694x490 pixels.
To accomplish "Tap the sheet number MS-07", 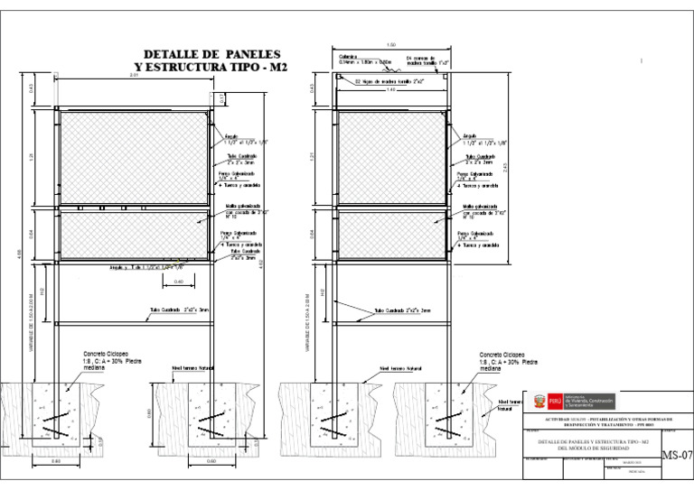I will point(677,454).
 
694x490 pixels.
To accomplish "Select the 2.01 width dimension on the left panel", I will point(134,75).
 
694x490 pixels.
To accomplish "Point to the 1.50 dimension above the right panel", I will point(390,45).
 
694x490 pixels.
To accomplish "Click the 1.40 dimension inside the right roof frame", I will point(390,89).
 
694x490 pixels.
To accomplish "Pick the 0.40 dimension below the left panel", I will point(178,282).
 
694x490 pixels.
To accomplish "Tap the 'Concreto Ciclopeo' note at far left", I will point(106,355).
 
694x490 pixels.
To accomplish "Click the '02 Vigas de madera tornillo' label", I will point(388,81).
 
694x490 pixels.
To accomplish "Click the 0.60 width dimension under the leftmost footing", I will point(56,462).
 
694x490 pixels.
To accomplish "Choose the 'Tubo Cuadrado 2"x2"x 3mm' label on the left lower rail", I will point(173,310).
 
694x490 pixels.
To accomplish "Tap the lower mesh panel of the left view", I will point(136,234).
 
